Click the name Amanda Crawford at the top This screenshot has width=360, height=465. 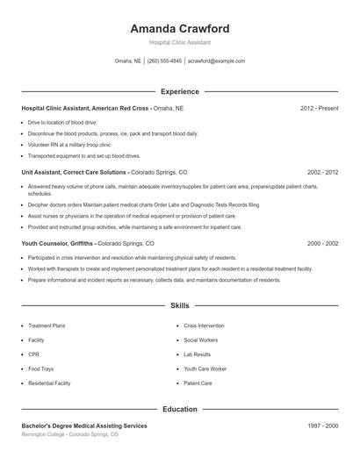[179, 28]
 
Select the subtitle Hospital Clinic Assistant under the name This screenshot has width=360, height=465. [179, 42]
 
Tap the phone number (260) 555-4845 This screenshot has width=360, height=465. [165, 61]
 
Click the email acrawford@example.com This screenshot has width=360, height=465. [216, 61]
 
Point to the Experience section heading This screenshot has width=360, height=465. [179, 91]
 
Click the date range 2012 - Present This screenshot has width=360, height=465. [319, 108]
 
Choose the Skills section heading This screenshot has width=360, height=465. [179, 306]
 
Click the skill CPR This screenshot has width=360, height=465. [34, 354]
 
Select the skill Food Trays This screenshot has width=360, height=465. [40, 369]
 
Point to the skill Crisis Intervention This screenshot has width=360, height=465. [205, 325]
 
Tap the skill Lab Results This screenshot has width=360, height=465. [198, 354]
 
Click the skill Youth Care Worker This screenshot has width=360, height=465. [205, 369]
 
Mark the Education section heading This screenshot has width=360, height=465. [179, 409]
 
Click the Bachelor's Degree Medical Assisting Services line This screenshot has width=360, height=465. [84, 426]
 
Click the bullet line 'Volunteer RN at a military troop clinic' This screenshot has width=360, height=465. [69, 144]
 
